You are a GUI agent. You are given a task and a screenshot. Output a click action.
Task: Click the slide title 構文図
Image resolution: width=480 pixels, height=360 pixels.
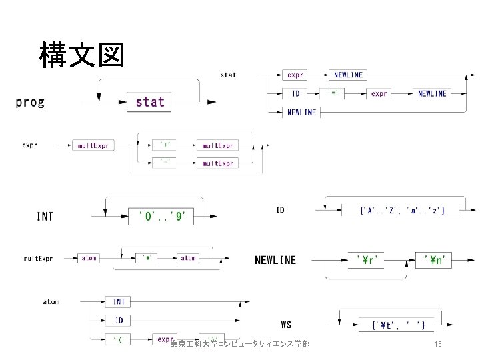point(81,55)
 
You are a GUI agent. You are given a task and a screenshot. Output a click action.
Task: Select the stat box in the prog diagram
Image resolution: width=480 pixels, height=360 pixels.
point(150,102)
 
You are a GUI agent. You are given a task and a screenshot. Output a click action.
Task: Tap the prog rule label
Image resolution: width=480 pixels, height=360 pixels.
point(30,102)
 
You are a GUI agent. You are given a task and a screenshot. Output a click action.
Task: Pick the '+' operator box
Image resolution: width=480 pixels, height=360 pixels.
point(165,144)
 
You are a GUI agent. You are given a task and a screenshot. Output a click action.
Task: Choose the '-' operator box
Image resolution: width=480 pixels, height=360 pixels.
point(165,163)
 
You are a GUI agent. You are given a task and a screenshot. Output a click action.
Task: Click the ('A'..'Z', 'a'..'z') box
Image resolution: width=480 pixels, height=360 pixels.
point(402,211)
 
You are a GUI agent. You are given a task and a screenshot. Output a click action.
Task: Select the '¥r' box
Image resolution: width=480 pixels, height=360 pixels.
point(366,260)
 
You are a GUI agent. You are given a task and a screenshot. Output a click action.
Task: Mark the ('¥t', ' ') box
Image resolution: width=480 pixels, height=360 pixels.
point(398,326)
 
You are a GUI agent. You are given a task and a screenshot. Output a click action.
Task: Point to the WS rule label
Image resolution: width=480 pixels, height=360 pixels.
point(285,325)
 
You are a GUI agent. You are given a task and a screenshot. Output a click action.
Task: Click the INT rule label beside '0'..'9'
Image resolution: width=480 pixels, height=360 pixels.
point(45,216)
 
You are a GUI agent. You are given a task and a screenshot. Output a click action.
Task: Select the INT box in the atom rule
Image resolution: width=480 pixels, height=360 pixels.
point(119,302)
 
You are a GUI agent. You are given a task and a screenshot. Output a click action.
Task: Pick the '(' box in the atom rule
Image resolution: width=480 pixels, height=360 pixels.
point(120,339)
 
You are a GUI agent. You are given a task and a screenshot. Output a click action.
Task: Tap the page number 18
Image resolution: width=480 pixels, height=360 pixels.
point(438,344)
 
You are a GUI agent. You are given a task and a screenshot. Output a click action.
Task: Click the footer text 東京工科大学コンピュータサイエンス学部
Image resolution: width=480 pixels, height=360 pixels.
point(240,344)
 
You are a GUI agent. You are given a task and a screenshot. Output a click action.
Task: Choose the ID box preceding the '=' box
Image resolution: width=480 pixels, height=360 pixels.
point(295,94)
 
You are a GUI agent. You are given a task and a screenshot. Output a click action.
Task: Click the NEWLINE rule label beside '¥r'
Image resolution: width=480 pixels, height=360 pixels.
point(275,260)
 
